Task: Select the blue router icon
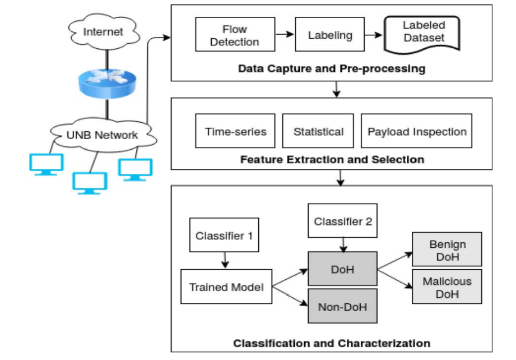coord(107,84)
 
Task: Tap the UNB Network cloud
coord(103,135)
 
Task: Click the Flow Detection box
coord(235,34)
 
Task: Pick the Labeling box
coord(330,34)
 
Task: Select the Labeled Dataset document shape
coord(422,34)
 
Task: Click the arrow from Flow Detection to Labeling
coord(285,34)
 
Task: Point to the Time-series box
coord(235,131)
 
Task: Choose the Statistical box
coord(318,131)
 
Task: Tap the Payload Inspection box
coord(416,131)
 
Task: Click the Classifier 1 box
coord(224,235)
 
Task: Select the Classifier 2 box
coord(342,220)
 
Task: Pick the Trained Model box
coord(226,287)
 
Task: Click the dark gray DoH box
coord(342,269)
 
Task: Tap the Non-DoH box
coord(342,306)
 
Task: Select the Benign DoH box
coord(447,250)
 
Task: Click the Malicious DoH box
coord(447,287)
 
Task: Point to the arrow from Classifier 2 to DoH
coord(343,244)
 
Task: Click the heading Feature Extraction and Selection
coord(332,159)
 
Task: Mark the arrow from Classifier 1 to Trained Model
coord(225,260)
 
